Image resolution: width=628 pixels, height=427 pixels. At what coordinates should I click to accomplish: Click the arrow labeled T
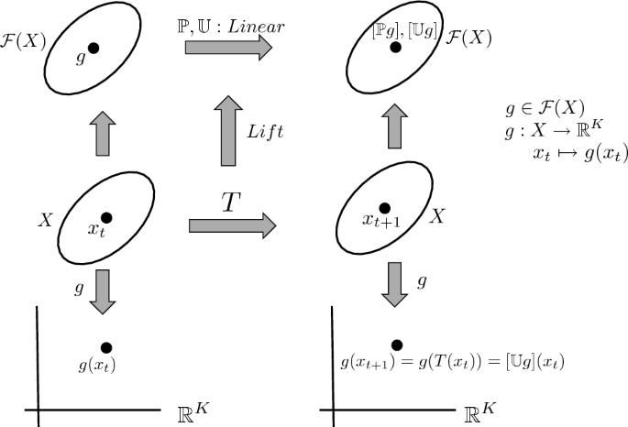(231, 224)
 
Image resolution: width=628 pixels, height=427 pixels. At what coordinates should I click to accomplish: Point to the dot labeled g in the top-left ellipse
(94, 47)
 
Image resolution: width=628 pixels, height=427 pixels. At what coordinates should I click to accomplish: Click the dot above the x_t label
(106, 217)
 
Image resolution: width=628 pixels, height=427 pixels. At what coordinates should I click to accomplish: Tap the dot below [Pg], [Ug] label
(396, 47)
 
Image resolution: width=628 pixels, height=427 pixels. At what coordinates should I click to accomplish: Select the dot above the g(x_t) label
(106, 347)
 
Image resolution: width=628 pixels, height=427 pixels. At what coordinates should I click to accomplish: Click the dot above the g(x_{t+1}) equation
(396, 345)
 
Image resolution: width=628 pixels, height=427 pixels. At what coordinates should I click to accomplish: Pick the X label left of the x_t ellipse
(44, 221)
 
